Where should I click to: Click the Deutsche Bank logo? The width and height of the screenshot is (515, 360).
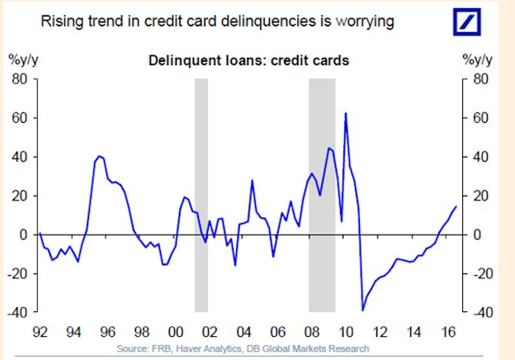click(x=467, y=22)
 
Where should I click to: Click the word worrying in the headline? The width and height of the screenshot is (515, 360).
click(x=365, y=21)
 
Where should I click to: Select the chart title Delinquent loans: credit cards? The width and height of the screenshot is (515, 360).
click(x=248, y=61)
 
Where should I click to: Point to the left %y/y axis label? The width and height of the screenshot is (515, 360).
click(x=23, y=60)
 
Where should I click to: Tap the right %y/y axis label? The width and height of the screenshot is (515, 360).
click(x=477, y=60)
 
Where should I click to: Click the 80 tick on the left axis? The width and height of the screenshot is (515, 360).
click(x=20, y=79)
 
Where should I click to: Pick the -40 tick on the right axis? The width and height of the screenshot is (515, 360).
click(x=483, y=312)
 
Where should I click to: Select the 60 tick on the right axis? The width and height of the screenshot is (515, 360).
click(x=480, y=118)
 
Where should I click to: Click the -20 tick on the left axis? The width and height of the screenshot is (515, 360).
click(x=17, y=273)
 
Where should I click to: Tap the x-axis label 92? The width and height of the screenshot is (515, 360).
click(x=40, y=332)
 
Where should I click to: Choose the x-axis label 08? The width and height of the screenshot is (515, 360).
click(x=312, y=332)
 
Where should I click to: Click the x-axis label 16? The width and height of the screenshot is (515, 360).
click(x=448, y=332)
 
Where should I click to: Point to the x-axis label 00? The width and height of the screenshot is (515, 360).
click(x=176, y=332)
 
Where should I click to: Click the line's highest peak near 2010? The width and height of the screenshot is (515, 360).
click(x=346, y=113)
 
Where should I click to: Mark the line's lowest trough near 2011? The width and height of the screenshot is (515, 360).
click(x=363, y=310)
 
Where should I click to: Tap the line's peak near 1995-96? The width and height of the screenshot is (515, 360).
click(x=100, y=156)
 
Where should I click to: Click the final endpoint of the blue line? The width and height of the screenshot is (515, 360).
click(x=456, y=206)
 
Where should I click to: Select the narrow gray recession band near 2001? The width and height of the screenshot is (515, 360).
click(x=201, y=196)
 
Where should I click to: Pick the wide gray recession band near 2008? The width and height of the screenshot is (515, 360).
click(x=322, y=196)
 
